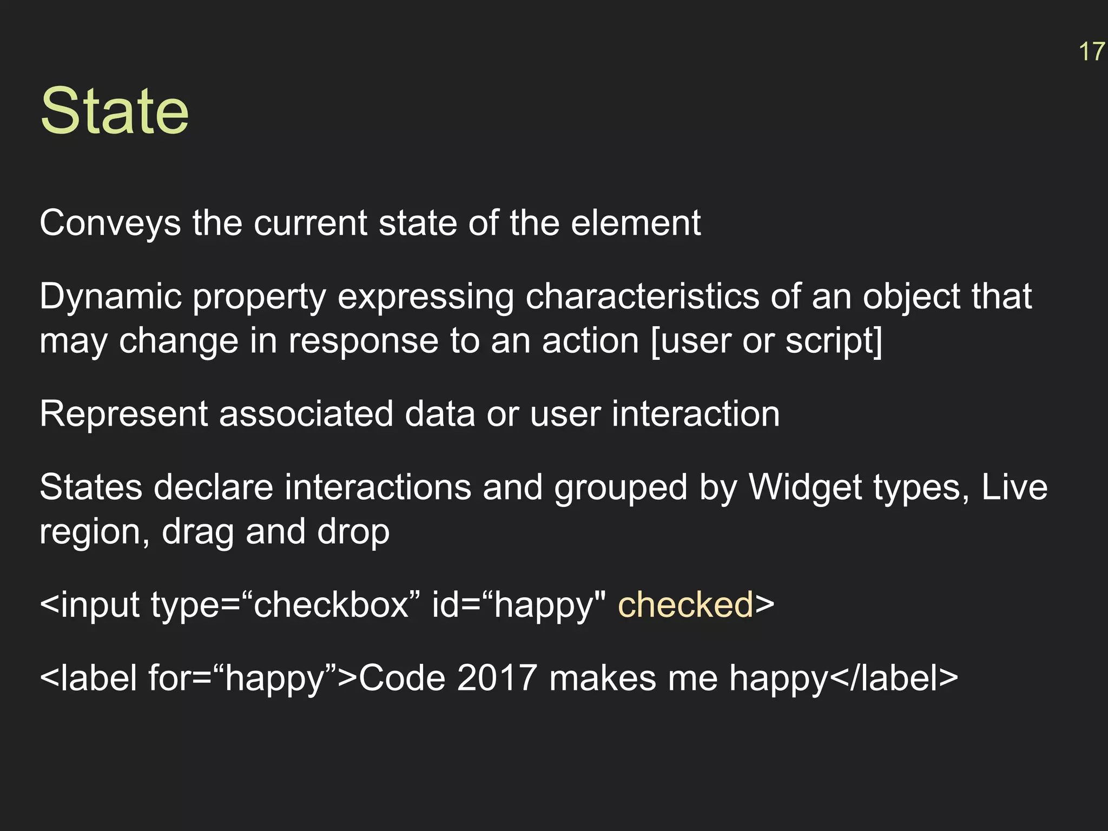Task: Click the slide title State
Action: [x=114, y=111]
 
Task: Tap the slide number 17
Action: [x=1091, y=52]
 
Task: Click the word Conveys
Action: [x=110, y=223]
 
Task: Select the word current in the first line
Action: [x=311, y=223]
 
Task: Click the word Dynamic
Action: [x=110, y=296]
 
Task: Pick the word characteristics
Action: [x=642, y=296]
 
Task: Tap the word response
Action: [x=363, y=341]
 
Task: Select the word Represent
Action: [x=123, y=414]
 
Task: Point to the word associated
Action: [x=306, y=414]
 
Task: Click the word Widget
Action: [x=800, y=487]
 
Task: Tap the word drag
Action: [x=198, y=532]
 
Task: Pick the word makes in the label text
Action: [x=603, y=678]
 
